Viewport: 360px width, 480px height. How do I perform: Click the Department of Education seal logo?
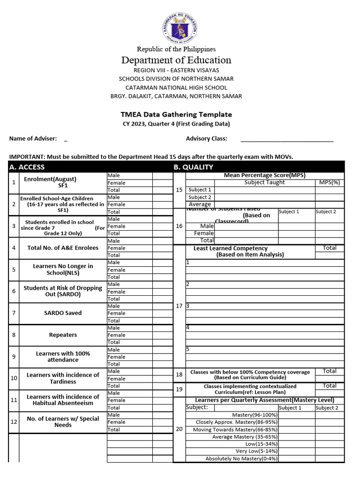tap(180, 27)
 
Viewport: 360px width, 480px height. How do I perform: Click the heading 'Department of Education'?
tap(176, 60)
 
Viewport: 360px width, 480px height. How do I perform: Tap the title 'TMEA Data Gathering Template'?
tap(176, 114)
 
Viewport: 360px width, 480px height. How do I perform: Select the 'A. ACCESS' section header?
tap(27, 167)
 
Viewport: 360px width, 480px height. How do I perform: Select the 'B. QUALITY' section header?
tap(193, 167)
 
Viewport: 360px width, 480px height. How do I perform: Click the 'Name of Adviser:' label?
tap(33, 139)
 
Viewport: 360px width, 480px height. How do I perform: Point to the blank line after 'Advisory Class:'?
tap(287, 139)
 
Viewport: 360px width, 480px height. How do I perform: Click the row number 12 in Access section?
tap(14, 422)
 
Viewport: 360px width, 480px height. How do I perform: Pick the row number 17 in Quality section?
tap(179, 306)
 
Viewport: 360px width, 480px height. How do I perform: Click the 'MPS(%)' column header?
tap(330, 182)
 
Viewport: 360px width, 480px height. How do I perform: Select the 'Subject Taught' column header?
tap(264, 182)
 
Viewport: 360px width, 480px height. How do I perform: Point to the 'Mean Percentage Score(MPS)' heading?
tap(264, 175)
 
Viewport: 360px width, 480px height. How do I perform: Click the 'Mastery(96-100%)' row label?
tap(255, 415)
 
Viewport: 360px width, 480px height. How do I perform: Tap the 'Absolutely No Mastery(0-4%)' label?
tap(241, 458)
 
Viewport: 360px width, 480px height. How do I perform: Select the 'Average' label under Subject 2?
tap(200, 204)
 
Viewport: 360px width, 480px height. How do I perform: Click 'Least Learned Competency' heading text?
tap(231, 248)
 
